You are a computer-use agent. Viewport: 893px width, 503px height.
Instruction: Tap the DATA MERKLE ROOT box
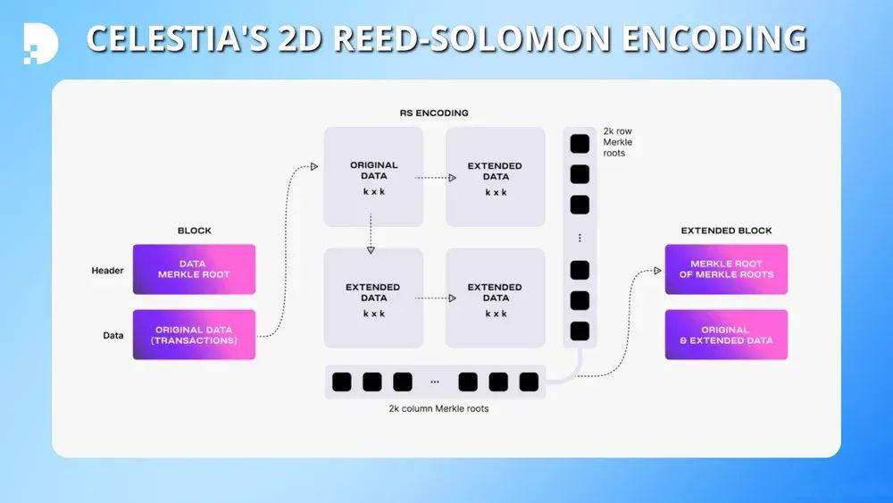[x=194, y=269]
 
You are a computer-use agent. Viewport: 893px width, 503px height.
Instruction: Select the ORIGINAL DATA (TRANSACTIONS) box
[x=194, y=334]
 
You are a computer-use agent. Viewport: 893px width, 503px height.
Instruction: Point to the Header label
[x=107, y=270]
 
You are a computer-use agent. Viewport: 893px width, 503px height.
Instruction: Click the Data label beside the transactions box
[x=113, y=335]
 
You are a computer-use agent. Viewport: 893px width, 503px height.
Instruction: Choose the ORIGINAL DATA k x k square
[x=373, y=177]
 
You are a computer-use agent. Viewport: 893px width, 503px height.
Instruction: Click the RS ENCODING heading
[x=433, y=113]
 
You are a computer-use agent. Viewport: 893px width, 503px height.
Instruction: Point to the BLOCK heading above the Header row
[x=194, y=231]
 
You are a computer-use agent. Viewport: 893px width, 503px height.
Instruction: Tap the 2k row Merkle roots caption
[x=618, y=142]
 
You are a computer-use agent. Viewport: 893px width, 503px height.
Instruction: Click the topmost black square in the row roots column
[x=580, y=143]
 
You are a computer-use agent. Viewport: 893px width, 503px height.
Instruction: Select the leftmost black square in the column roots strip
[x=342, y=382]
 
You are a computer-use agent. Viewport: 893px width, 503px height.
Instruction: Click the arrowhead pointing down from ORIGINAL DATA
[x=370, y=249]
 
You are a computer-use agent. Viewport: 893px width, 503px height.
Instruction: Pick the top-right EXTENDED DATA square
[x=495, y=177]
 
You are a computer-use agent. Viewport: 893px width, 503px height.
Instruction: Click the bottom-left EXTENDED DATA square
[x=373, y=298]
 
